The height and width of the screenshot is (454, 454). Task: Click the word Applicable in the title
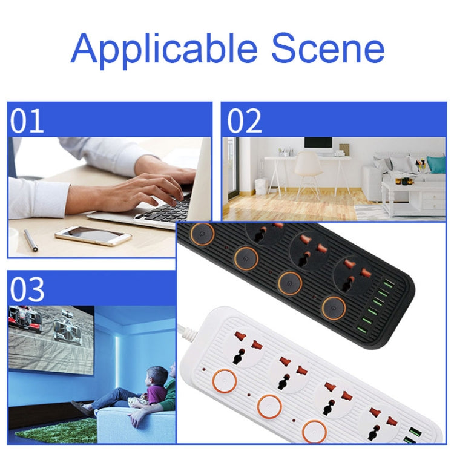point(164,49)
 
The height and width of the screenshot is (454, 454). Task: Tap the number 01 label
point(27,120)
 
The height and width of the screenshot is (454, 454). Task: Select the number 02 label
point(244,120)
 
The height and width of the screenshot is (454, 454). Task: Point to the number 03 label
point(27,289)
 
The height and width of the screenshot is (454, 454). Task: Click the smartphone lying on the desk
point(93,235)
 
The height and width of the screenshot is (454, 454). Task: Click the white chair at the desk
point(308,174)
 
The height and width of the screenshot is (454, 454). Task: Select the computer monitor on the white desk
point(318,146)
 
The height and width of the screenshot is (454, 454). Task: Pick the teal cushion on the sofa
point(436,165)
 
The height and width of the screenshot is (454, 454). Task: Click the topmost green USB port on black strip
point(388,283)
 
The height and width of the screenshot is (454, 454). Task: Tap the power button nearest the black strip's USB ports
point(334,308)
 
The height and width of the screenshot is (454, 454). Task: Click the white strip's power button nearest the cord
point(225,381)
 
